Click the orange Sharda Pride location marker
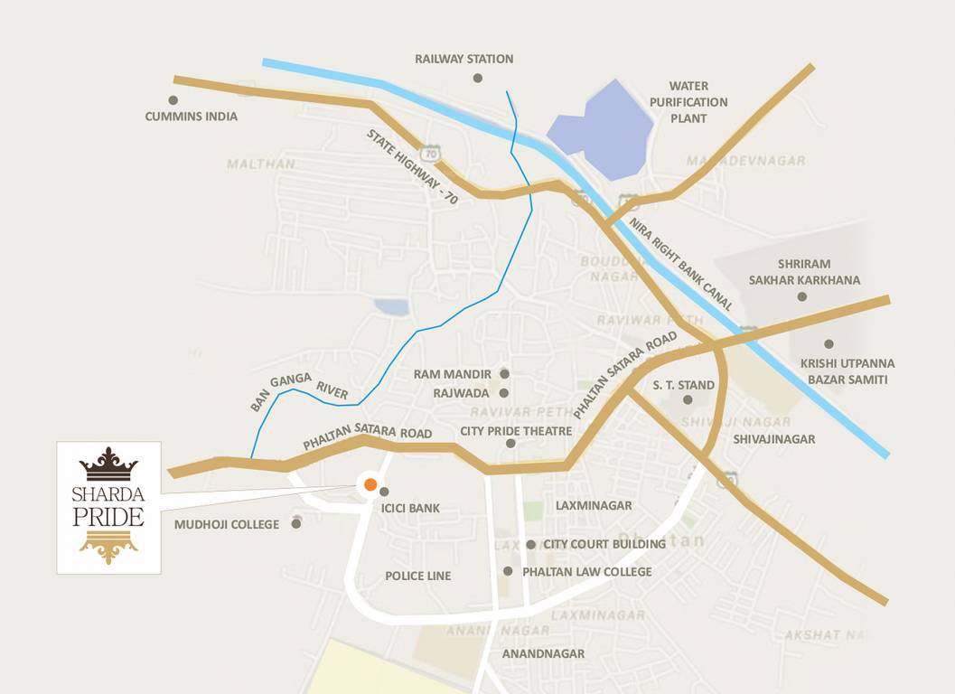pos(370,485)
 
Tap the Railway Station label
pos(464,60)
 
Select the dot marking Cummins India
pos(173,100)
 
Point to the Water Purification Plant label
pos(688,102)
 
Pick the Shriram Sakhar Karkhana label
pos(804,272)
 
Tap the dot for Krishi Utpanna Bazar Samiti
pos(829,344)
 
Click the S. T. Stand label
pos(684,385)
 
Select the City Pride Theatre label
pos(516,431)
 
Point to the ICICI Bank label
pos(411,508)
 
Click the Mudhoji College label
pos(227,524)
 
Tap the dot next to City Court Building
pos(530,545)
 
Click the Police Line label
pos(417,576)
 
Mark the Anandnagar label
pos(543,653)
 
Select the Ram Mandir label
pos(453,374)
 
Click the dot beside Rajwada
pos(504,393)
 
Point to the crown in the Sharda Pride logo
pos(108,464)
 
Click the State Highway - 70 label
pos(412,168)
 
